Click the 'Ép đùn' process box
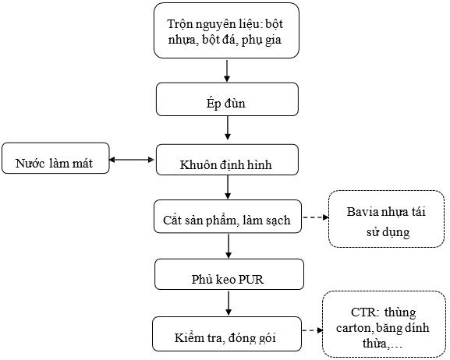227,99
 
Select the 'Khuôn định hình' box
227,160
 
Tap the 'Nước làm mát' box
55,158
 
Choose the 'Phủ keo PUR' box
229,274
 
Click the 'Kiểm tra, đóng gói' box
227,334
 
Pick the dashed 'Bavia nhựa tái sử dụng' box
386,219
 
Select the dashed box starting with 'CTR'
384,324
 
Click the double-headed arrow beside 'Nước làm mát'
132,160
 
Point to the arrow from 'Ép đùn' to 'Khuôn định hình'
227,128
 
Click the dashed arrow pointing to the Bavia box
316,217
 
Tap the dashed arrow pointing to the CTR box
313,330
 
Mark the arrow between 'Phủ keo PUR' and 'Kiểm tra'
229,303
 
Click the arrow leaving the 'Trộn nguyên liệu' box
227,71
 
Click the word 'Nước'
30,163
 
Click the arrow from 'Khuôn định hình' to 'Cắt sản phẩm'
228,187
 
